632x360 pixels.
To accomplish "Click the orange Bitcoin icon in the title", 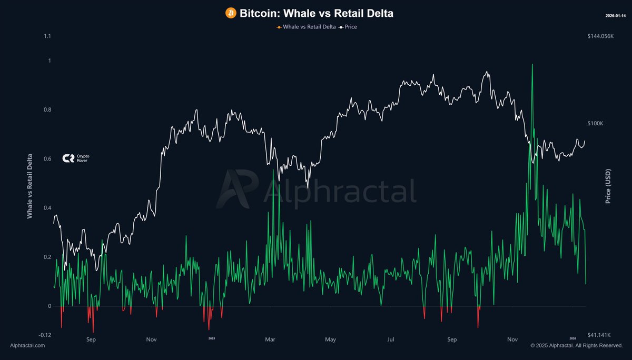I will [231, 13].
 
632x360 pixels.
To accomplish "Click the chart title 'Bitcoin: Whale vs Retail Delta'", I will [317, 13].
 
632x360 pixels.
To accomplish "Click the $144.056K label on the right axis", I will [600, 36].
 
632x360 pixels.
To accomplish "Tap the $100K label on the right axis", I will [596, 123].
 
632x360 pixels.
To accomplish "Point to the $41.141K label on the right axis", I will [599, 335].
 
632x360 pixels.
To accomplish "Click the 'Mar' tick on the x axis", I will [270, 340].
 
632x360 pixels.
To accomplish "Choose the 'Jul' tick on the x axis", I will [391, 340].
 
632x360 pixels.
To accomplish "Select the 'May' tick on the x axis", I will [331, 340].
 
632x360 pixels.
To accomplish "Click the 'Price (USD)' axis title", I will [608, 186].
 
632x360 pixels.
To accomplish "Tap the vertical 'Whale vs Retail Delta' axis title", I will [30, 186].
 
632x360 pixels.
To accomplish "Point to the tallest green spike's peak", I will [532, 64].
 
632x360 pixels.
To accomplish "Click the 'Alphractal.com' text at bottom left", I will [27, 345].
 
